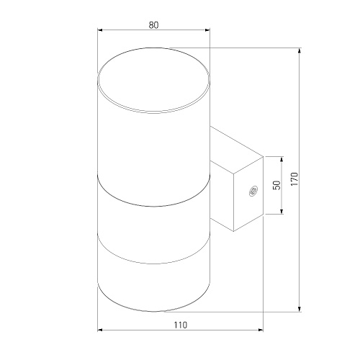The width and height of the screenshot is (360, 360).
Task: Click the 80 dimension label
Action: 153,25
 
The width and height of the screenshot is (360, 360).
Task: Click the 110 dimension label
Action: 180,325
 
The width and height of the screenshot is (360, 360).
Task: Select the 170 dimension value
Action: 294,179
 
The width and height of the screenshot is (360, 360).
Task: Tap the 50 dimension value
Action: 277,185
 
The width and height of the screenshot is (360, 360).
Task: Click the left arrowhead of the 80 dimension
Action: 100,30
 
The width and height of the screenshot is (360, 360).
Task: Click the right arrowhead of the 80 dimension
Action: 207,30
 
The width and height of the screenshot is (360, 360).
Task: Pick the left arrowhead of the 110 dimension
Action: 100,330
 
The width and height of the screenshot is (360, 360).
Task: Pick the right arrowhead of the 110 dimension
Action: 261,330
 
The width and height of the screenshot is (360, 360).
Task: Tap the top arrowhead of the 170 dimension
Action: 300,51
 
